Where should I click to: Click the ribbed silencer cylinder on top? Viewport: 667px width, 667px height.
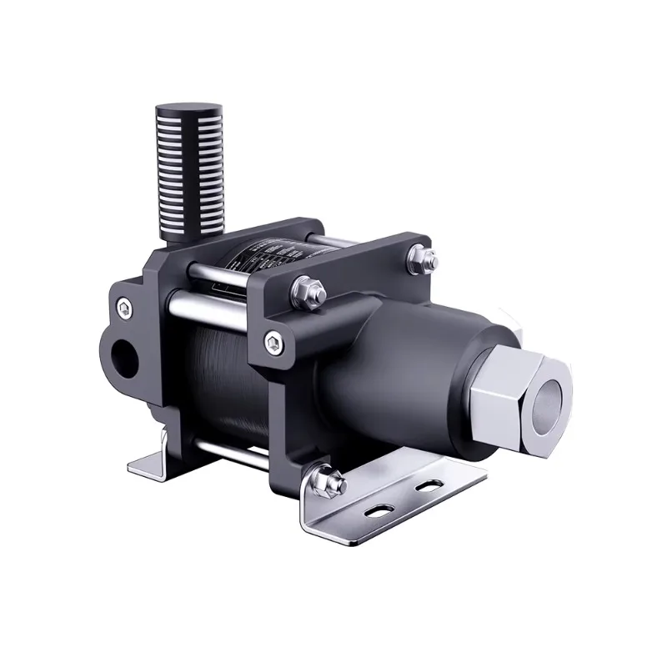point(189,178)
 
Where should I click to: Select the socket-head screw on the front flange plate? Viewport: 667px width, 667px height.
point(273,339)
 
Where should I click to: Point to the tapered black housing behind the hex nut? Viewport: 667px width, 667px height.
point(392,367)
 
